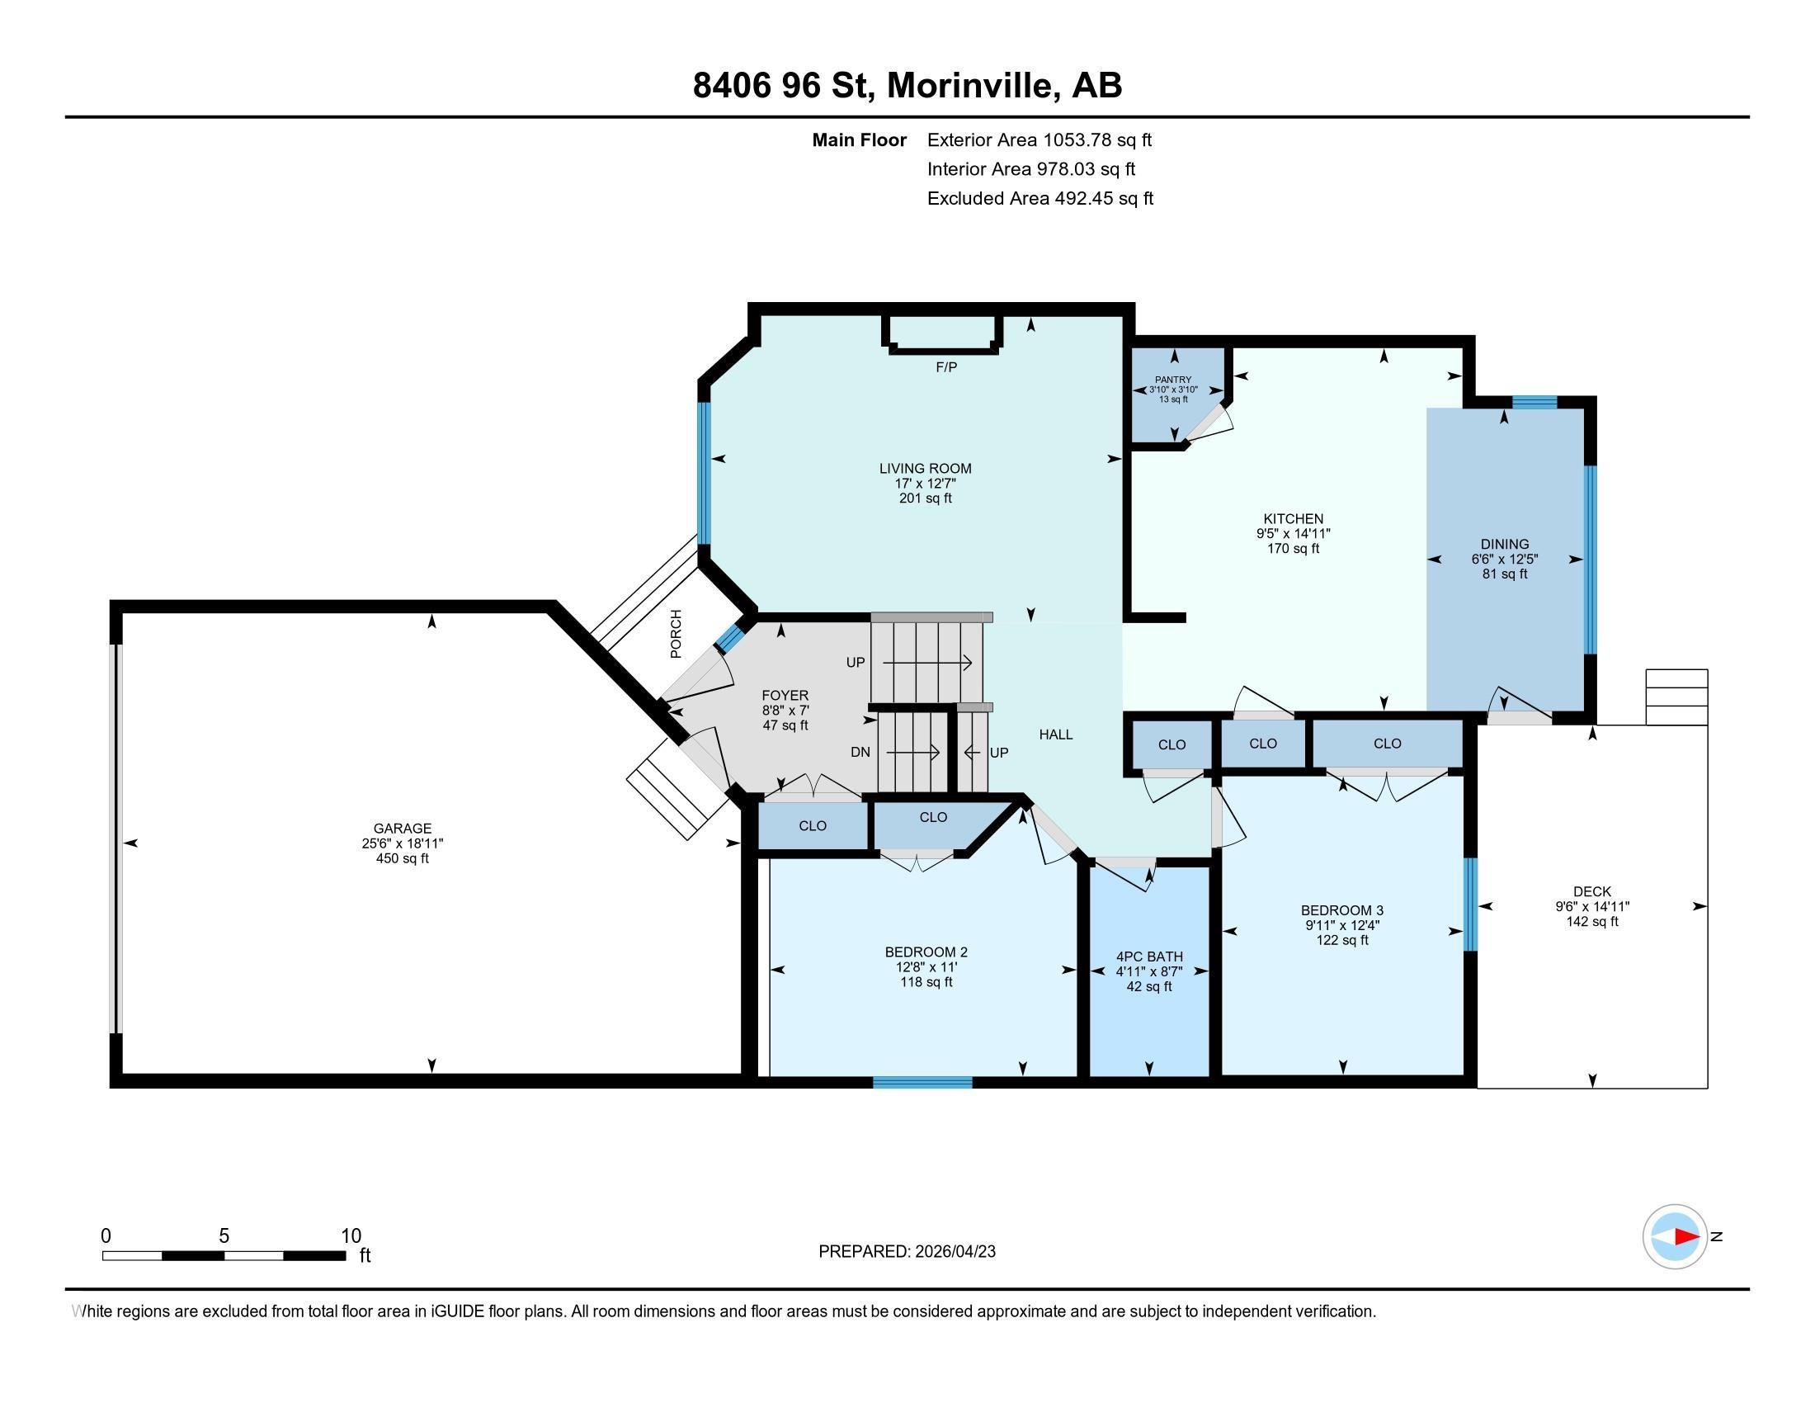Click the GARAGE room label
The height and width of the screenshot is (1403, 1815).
tap(403, 828)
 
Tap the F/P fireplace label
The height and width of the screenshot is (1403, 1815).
tap(946, 367)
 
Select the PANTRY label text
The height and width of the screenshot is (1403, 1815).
tap(1172, 380)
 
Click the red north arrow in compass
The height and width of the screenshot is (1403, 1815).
tap(1686, 1237)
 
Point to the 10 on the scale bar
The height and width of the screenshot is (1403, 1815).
tap(351, 1236)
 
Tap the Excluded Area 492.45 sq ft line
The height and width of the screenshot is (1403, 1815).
tap(1039, 198)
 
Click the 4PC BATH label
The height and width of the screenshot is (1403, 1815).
tap(1149, 957)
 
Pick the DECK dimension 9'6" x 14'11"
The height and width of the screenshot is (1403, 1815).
tap(1592, 907)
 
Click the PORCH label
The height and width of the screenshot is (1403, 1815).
tap(676, 634)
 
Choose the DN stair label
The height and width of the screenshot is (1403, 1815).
tap(860, 752)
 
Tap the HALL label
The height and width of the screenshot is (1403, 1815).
tap(1055, 735)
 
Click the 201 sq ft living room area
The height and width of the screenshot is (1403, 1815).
tap(925, 498)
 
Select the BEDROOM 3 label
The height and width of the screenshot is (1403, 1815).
tap(1342, 910)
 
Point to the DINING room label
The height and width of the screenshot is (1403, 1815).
tap(1504, 545)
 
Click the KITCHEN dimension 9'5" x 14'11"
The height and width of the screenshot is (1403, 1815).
tap(1293, 534)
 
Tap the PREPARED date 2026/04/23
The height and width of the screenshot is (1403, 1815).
tap(953, 1252)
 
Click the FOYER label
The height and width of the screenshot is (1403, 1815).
tap(785, 696)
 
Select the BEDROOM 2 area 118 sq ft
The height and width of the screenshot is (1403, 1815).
tap(926, 982)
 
